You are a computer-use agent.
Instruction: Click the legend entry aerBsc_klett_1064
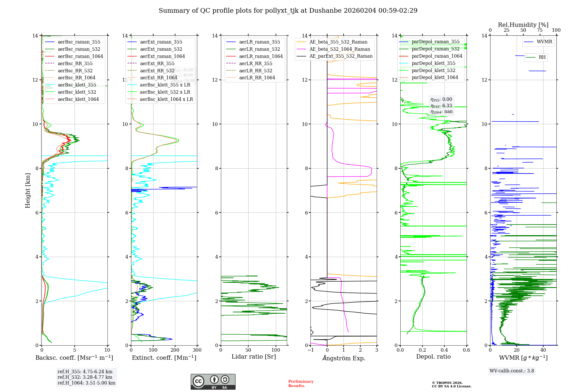[x=78, y=99]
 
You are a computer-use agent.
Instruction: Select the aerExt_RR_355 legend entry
[x=157, y=63]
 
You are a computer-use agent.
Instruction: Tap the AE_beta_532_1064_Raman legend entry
[x=340, y=49]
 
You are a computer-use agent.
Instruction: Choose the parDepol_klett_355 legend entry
[x=433, y=63]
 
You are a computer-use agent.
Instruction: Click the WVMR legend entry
[x=544, y=42]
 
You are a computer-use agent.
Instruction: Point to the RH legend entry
[x=542, y=57]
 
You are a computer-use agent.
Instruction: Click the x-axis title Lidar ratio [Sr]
[x=254, y=357]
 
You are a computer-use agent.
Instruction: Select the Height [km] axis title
[x=28, y=191]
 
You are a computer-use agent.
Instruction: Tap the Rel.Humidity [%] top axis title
[x=523, y=25]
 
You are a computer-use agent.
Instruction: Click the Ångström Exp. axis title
[x=344, y=358]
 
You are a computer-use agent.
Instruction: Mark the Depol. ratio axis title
[x=433, y=357]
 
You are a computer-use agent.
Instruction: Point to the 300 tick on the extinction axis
[x=197, y=350]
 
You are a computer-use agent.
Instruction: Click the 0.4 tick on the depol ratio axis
[x=444, y=350]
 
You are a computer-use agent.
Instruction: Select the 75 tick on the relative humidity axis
[x=540, y=30]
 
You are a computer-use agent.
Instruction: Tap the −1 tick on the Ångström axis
[x=310, y=350]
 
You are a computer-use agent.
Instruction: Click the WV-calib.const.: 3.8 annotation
[x=511, y=371]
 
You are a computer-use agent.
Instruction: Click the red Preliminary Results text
[x=301, y=384]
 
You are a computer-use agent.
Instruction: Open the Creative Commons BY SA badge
[x=213, y=382]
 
